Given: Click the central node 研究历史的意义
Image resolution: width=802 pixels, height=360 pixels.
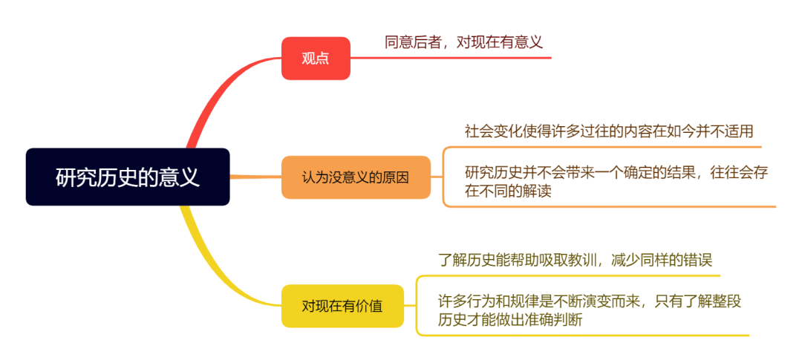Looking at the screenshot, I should tap(128, 177).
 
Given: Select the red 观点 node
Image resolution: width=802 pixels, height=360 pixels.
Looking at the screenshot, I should tap(316, 59).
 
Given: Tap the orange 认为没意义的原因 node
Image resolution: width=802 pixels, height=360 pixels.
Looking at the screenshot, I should tap(356, 177).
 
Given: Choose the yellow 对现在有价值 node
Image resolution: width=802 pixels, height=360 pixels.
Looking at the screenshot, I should tap(342, 305).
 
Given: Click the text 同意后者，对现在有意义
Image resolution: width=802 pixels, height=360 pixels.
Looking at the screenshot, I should tap(463, 42).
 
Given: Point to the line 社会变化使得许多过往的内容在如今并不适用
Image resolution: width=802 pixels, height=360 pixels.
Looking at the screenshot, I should tap(609, 131).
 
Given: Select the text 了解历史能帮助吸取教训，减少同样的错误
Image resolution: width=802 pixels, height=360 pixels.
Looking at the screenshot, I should tap(575, 260).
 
